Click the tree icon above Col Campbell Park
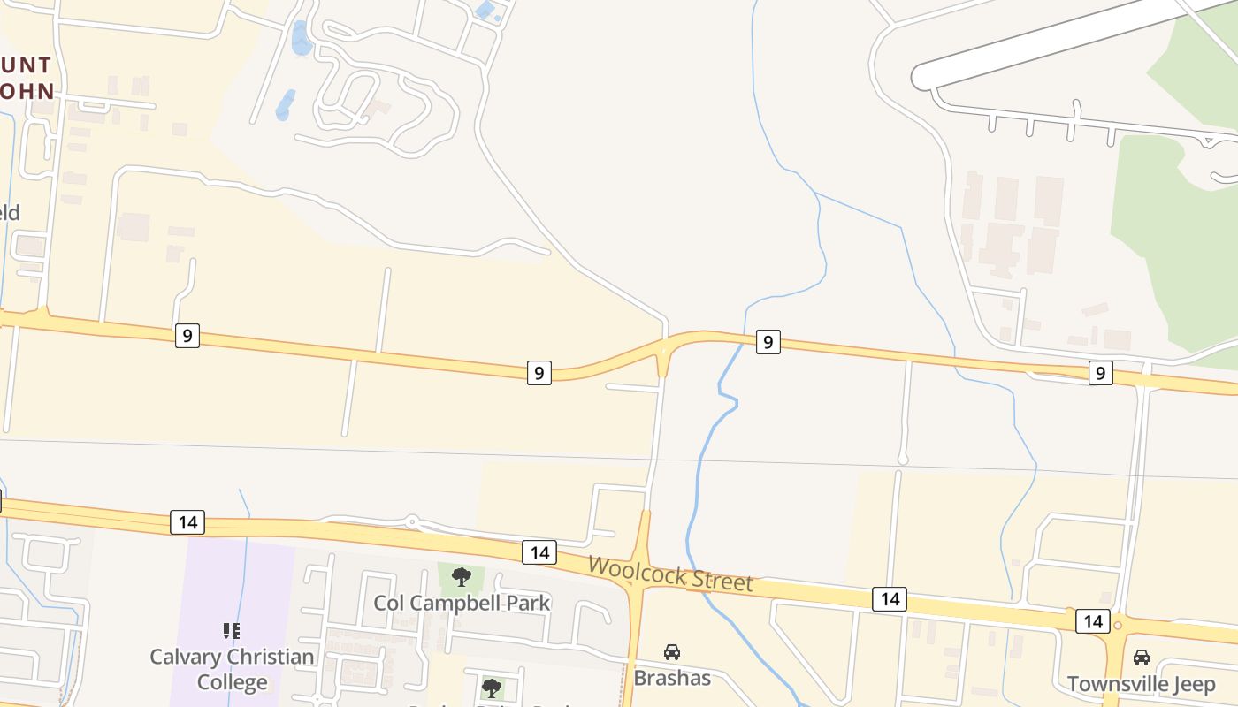pyautogui.click(x=461, y=578)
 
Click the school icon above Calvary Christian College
pyautogui.click(x=232, y=631)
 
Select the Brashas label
pyautogui.click(x=672, y=678)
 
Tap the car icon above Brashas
pyautogui.click(x=672, y=652)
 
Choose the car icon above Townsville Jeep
pyautogui.click(x=1142, y=658)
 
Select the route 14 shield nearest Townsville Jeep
pyautogui.click(x=1093, y=621)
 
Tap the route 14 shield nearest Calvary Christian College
pyautogui.click(x=187, y=522)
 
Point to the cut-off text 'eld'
pyautogui.click(x=10, y=212)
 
